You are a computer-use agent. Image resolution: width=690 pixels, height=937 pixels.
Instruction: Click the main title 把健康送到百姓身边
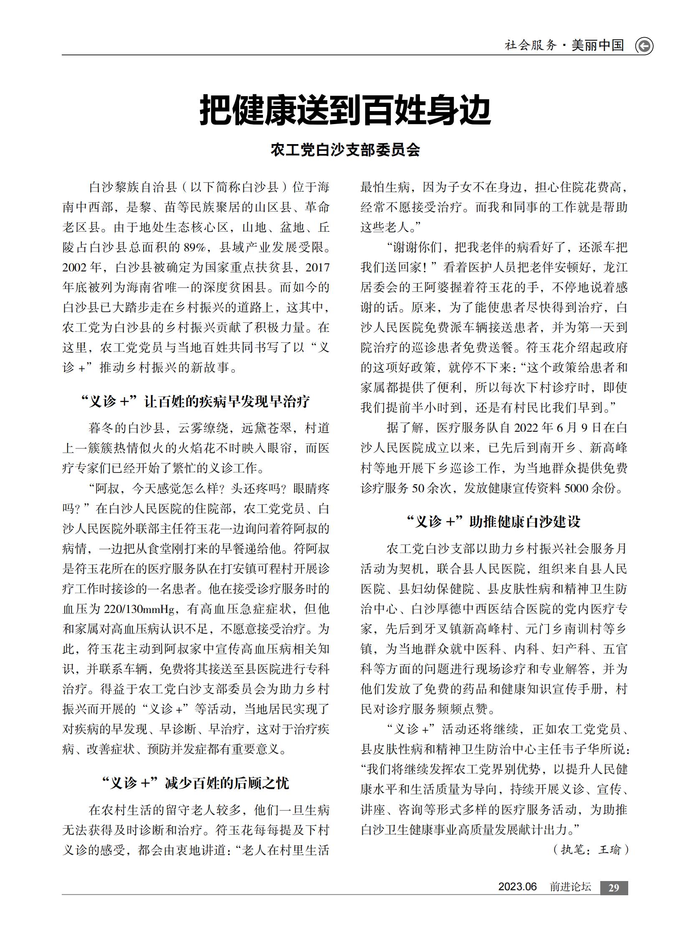[345, 110]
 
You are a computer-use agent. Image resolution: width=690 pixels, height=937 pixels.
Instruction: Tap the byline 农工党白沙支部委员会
[345, 149]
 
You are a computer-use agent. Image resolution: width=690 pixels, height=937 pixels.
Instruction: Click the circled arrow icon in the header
[644, 46]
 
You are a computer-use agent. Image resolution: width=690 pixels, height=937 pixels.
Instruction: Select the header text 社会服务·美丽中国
[564, 46]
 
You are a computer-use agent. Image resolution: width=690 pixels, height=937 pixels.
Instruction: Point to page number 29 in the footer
[614, 888]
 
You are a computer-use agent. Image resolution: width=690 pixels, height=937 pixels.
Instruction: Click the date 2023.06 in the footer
[517, 887]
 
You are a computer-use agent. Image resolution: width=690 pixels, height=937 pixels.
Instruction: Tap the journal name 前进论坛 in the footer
[570, 887]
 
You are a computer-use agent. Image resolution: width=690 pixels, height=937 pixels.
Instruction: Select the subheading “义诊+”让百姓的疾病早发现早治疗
[195, 401]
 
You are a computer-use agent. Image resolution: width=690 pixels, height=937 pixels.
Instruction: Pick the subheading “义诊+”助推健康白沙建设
[494, 522]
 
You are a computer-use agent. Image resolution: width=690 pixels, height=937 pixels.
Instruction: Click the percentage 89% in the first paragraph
[195, 247]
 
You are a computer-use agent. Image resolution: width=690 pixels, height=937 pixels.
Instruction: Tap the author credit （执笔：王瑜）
[591, 850]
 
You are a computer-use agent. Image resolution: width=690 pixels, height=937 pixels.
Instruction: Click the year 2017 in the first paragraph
[317, 267]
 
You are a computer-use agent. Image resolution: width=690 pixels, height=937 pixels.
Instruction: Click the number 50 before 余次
[418, 488]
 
